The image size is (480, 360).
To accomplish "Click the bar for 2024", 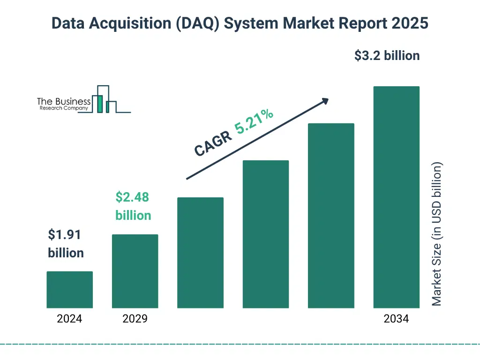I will [x=69, y=290].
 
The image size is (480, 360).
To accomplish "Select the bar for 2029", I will [x=135, y=271].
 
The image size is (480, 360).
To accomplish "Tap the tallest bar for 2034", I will [x=396, y=197].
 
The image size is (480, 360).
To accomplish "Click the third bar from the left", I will [x=200, y=253].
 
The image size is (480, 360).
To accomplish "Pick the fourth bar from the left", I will [x=266, y=234].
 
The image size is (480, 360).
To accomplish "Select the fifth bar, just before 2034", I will [x=331, y=216].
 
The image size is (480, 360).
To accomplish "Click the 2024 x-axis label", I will [x=69, y=319].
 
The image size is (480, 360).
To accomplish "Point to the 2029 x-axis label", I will [x=135, y=319].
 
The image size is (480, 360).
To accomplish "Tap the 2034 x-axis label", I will [x=396, y=319].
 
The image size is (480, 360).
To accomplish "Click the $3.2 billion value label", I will [x=387, y=56].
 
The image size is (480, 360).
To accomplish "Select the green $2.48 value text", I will [x=132, y=197].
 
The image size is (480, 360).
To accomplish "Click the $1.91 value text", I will [x=65, y=235].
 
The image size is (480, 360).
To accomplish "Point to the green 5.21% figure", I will [x=254, y=121].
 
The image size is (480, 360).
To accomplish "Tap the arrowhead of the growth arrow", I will [x=324, y=101].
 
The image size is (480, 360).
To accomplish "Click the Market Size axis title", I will [x=437, y=234].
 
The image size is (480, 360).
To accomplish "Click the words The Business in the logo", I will [x=63, y=101].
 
